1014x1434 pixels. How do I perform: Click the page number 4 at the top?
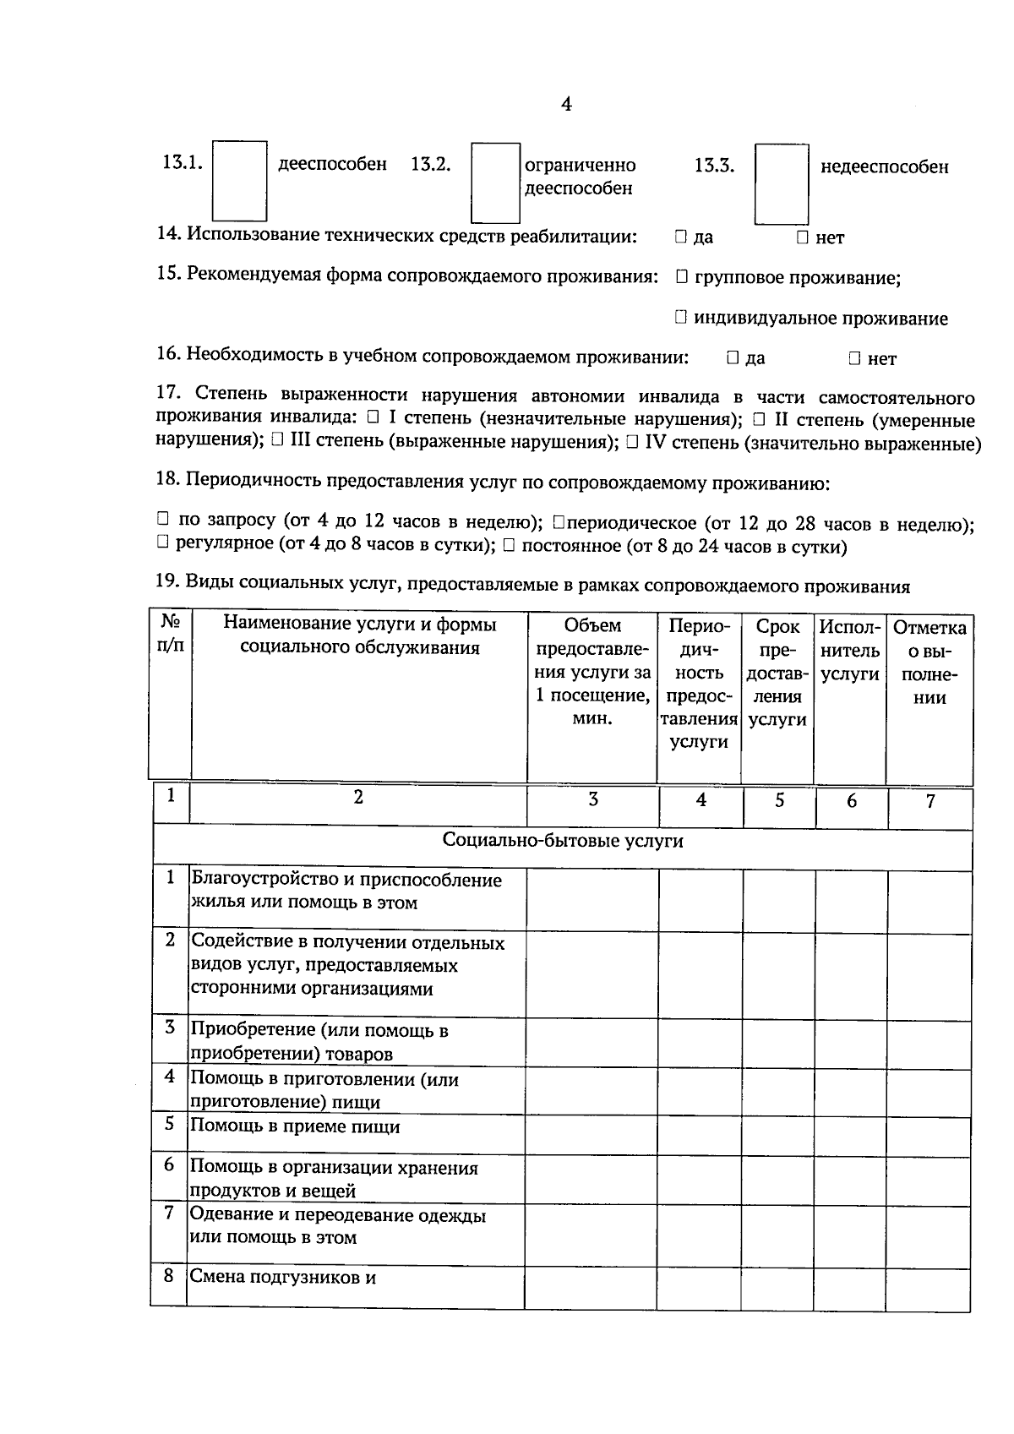[x=566, y=104]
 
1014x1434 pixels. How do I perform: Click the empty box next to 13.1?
[x=239, y=181]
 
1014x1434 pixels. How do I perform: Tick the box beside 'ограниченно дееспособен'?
[x=495, y=183]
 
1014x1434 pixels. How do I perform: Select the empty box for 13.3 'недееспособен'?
[x=782, y=183]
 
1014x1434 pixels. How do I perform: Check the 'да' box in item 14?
[x=681, y=237]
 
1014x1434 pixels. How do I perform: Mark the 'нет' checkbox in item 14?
[x=803, y=237]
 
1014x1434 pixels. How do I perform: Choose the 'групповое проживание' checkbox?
[x=682, y=276]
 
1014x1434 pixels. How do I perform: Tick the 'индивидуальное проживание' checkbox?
[x=682, y=317]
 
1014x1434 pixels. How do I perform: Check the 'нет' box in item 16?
[x=854, y=358]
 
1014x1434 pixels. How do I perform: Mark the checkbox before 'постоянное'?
[x=509, y=545]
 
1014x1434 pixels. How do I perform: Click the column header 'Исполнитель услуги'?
[x=850, y=651]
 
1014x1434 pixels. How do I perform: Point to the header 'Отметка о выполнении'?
[x=929, y=662]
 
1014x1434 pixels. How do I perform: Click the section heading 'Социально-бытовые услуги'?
[x=563, y=841]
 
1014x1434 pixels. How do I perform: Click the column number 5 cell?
[x=779, y=800]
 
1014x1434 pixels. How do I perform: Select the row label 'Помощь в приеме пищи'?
[x=295, y=1126]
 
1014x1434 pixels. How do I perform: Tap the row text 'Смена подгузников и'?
[x=282, y=1277]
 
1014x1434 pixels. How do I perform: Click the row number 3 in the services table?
[x=170, y=1027]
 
